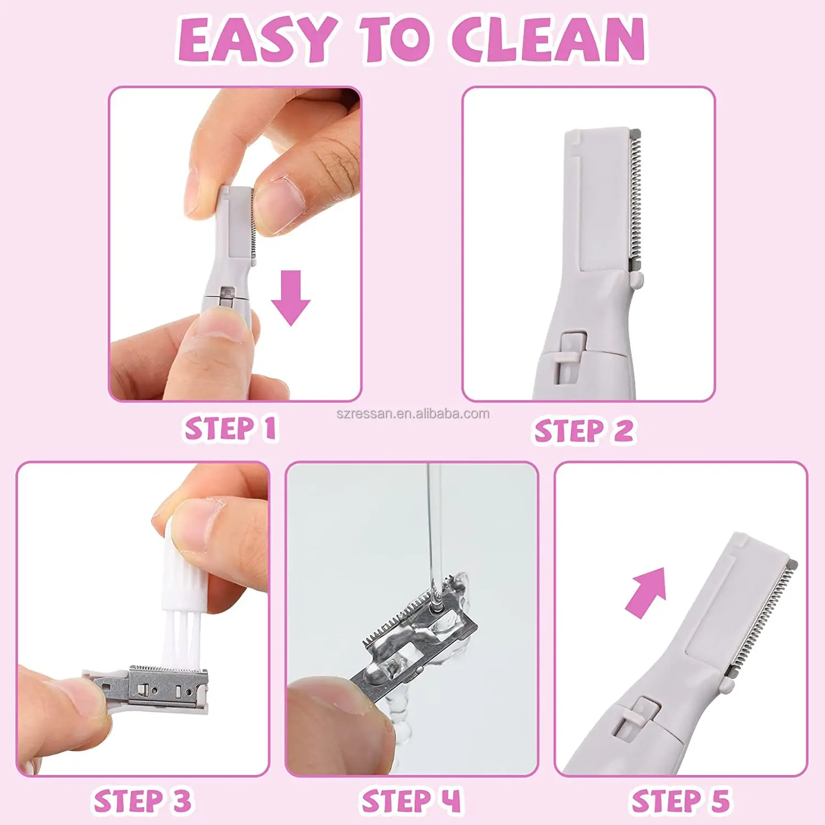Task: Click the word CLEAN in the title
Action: (548, 39)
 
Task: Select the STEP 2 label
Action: (585, 430)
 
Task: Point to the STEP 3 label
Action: (143, 801)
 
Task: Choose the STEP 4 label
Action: (411, 801)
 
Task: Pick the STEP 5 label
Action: (681, 801)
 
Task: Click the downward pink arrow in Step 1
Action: (291, 298)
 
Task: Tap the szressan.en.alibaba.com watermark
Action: (413, 414)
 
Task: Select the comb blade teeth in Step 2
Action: (635, 198)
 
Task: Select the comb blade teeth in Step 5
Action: (765, 619)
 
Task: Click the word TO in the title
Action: (394, 39)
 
